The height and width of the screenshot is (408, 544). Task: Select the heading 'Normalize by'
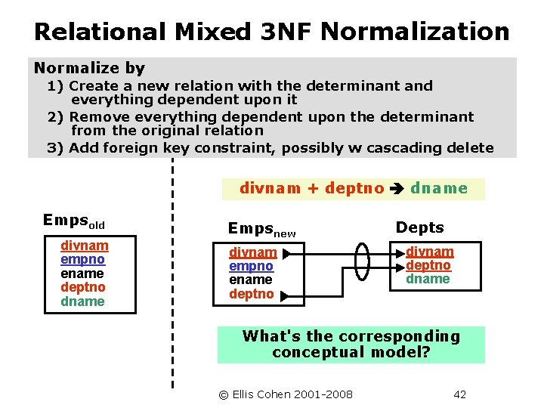(x=89, y=68)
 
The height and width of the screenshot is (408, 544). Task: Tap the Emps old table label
(x=74, y=221)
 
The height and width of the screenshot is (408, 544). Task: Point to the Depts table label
(x=420, y=227)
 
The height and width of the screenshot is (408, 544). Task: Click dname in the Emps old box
(x=83, y=301)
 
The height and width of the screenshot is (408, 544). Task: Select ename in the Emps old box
(x=82, y=274)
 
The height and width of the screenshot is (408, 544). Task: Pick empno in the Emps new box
(x=251, y=266)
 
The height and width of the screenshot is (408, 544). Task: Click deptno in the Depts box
(x=428, y=265)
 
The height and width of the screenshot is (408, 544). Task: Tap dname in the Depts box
(x=428, y=279)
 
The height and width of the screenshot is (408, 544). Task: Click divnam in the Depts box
(x=430, y=252)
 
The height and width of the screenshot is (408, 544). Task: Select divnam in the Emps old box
(x=84, y=246)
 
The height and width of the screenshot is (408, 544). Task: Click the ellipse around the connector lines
(x=363, y=261)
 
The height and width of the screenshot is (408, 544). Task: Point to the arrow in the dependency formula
(x=397, y=189)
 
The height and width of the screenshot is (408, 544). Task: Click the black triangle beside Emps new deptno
(x=284, y=295)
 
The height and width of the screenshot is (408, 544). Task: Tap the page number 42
(x=459, y=394)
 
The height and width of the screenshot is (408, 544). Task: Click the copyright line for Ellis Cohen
(x=285, y=394)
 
